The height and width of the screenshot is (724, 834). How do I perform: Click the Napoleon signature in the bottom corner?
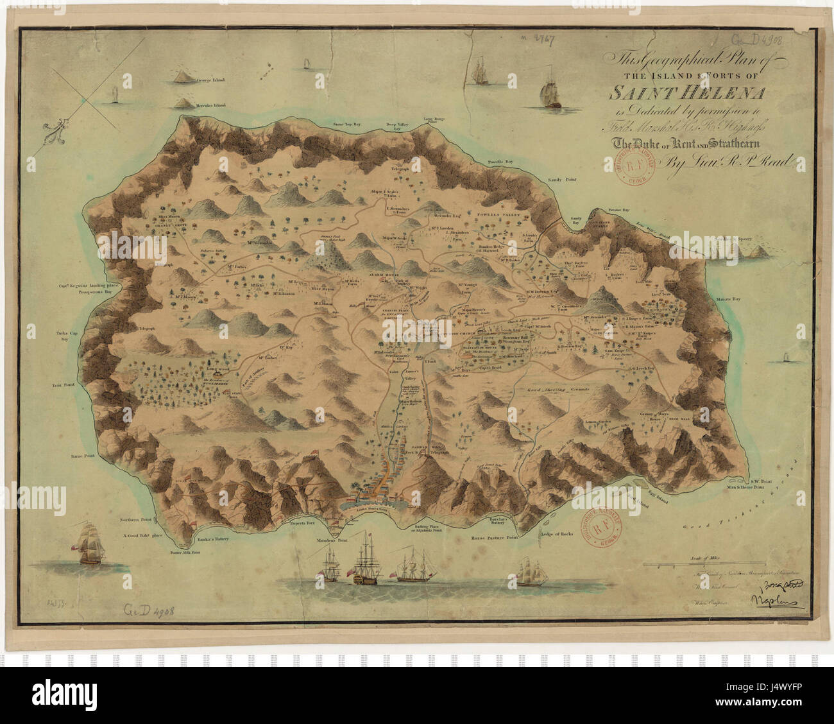[x=773, y=600]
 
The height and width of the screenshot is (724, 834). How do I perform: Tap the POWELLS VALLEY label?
[x=497, y=212]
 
